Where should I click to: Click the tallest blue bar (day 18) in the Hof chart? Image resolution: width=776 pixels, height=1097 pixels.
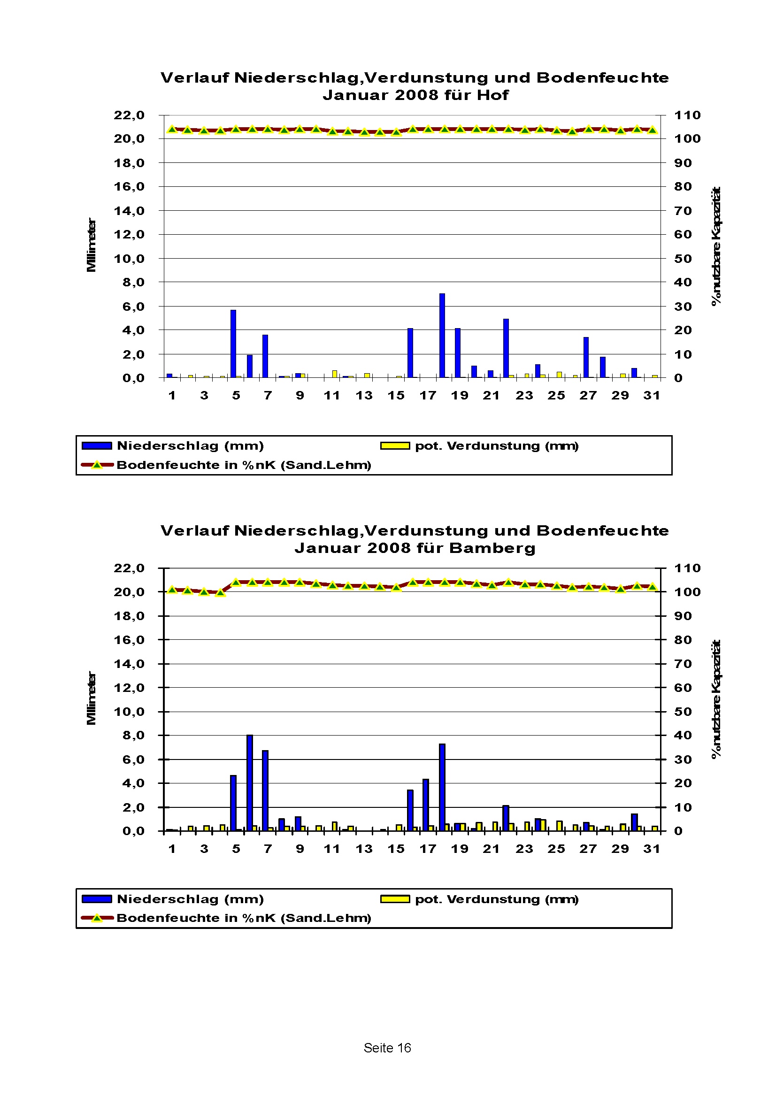click(442, 336)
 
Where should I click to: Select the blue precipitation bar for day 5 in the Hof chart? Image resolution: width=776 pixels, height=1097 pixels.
click(233, 344)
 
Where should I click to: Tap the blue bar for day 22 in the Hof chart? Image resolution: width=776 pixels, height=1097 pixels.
click(506, 348)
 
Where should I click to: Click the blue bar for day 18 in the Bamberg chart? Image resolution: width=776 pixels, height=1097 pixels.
click(442, 787)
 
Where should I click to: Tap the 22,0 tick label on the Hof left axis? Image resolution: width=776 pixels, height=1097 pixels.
click(129, 115)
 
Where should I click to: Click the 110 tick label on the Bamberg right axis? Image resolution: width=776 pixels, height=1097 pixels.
click(687, 568)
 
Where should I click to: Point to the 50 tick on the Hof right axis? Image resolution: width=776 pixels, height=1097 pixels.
click(683, 259)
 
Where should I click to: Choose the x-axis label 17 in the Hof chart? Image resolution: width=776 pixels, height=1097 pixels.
click(428, 396)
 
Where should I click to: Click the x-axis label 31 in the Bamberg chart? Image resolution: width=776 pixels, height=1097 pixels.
click(652, 849)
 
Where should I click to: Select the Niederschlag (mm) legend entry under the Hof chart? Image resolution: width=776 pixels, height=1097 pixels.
click(190, 446)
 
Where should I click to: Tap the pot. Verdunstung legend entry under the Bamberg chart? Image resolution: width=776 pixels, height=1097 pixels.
click(497, 899)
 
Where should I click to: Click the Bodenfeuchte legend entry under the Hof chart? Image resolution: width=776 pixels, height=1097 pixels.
click(244, 465)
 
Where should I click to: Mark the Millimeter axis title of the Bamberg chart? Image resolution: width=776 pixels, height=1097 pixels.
click(91, 698)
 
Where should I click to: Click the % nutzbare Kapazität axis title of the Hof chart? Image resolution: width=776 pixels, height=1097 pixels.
click(716, 245)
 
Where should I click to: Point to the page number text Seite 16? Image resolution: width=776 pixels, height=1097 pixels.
click(387, 1048)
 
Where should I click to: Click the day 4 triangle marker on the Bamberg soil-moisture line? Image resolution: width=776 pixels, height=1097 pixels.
click(220, 593)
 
